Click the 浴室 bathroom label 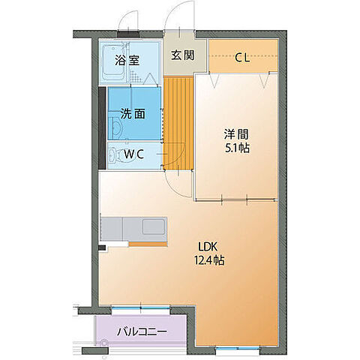[127, 61]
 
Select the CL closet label [242, 56]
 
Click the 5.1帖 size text [237, 148]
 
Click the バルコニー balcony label [141, 331]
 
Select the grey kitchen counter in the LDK [135, 227]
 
